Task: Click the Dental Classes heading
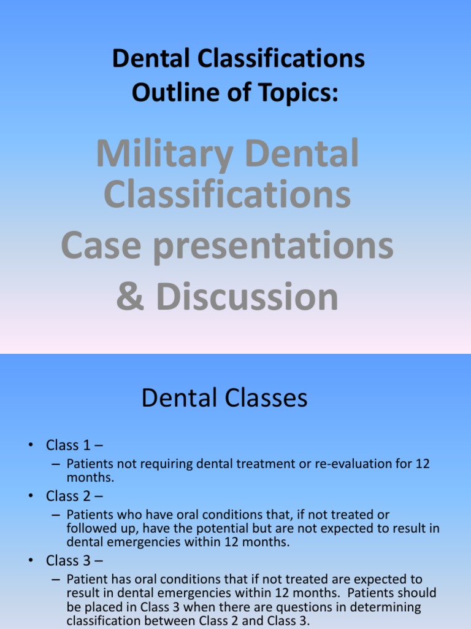tap(224, 398)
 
